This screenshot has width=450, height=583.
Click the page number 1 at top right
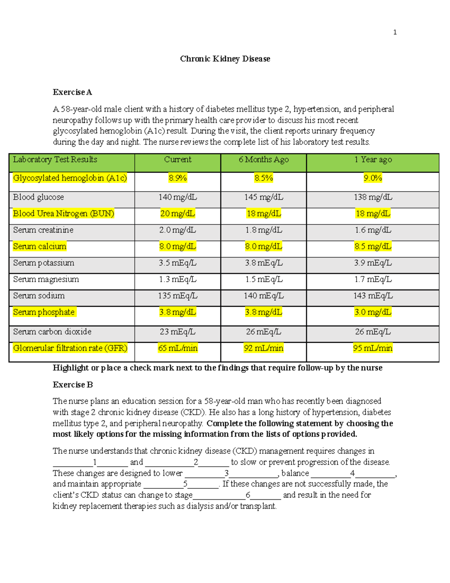394,32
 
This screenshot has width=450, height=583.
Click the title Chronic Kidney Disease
225,59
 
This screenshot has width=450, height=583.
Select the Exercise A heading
72,92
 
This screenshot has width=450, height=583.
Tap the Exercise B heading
73,385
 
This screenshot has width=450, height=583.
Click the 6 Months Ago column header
264,160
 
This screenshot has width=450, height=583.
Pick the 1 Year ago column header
373,160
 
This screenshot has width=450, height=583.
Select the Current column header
177,160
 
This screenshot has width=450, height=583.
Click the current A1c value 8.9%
177,178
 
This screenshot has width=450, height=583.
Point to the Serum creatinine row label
43,230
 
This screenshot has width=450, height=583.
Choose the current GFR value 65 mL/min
177,348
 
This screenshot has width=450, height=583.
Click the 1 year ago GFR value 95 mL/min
373,348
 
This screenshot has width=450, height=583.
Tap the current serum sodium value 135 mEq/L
177,296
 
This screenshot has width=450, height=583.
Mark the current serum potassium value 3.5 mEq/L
177,263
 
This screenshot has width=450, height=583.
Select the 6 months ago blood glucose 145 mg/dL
264,197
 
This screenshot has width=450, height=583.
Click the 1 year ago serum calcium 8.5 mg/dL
373,247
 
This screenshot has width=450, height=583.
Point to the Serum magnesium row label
46,279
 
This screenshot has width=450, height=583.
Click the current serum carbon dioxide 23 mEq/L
177,332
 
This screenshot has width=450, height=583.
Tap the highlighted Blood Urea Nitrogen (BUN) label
63,214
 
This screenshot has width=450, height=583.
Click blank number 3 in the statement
226,473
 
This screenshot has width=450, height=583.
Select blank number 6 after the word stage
248,495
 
